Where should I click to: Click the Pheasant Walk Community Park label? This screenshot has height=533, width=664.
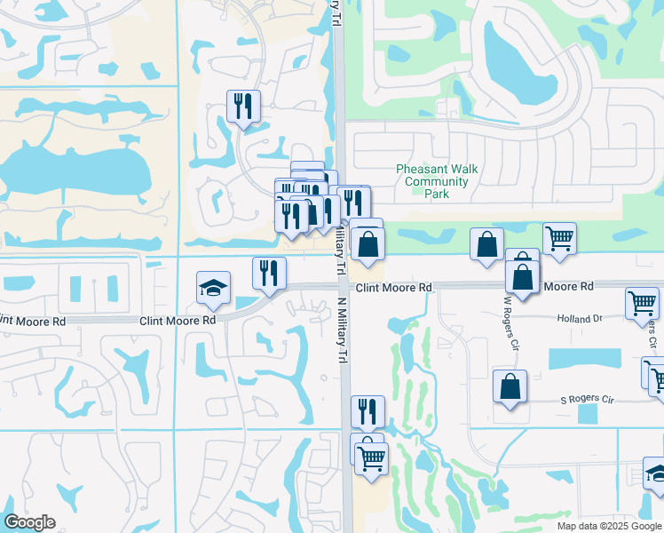click(431, 181)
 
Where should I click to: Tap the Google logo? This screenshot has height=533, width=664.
click(29, 522)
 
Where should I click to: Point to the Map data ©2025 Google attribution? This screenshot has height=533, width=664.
click(609, 526)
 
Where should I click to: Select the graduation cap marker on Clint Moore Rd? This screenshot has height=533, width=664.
click(213, 288)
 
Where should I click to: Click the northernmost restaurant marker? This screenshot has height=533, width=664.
click(242, 107)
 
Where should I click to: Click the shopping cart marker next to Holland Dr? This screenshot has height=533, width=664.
click(642, 303)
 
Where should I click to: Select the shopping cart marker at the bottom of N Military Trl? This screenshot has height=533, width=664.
click(371, 458)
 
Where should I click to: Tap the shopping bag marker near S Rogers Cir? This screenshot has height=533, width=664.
click(510, 386)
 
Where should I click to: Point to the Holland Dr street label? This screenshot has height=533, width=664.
click(580, 318)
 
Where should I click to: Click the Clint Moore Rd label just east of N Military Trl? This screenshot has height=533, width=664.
click(394, 288)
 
